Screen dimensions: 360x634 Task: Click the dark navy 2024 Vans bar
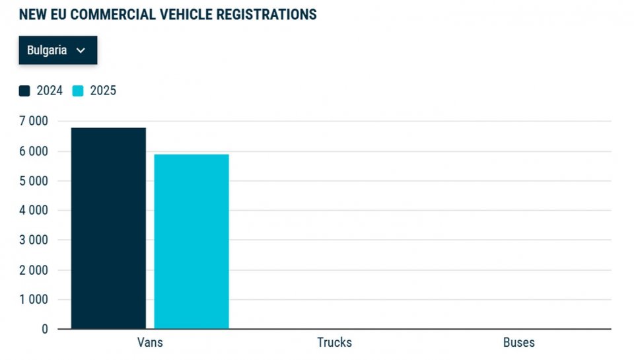pyautogui.click(x=108, y=228)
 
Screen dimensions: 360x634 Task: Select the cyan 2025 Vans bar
pyautogui.click(x=192, y=241)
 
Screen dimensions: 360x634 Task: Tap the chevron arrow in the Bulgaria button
pyautogui.click(x=81, y=51)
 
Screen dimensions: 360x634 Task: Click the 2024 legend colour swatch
pyautogui.click(x=24, y=91)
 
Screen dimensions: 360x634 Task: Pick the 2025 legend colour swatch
pyautogui.click(x=78, y=91)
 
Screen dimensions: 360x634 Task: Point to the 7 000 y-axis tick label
pyautogui.click(x=34, y=121)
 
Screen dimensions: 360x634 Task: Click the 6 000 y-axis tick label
pyautogui.click(x=34, y=151)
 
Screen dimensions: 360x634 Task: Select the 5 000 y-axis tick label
pyautogui.click(x=34, y=180)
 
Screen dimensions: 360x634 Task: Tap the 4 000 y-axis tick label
pyautogui.click(x=34, y=210)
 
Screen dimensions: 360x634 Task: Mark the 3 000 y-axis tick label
pyautogui.click(x=34, y=240)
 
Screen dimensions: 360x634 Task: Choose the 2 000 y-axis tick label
pyautogui.click(x=34, y=270)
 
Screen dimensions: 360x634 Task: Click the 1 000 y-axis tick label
pyautogui.click(x=34, y=299)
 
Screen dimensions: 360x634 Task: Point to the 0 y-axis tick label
pyautogui.click(x=45, y=329)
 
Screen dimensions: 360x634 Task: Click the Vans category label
pyautogui.click(x=150, y=342)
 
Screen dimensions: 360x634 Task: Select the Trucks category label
pyautogui.click(x=334, y=342)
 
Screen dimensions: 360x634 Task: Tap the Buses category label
pyautogui.click(x=518, y=342)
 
